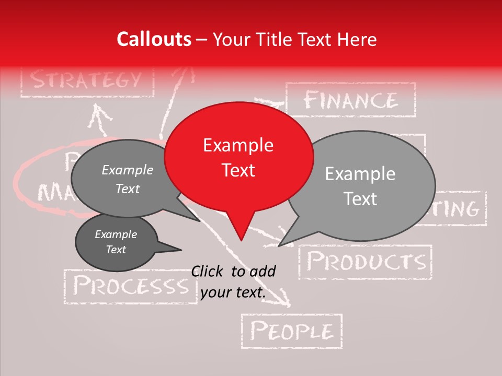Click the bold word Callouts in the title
pos(154,40)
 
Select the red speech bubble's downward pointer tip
pos(241,240)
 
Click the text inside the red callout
pos(238,158)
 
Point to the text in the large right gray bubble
pos(360,186)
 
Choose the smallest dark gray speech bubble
pos(116,242)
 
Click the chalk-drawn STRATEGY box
pos(87,81)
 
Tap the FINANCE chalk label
pos(351,100)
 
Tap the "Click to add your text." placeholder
pos(233,281)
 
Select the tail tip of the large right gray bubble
pos(280,245)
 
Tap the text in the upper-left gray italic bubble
pos(128,179)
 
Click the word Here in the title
pos(357,40)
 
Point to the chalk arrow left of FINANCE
pos(269,101)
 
